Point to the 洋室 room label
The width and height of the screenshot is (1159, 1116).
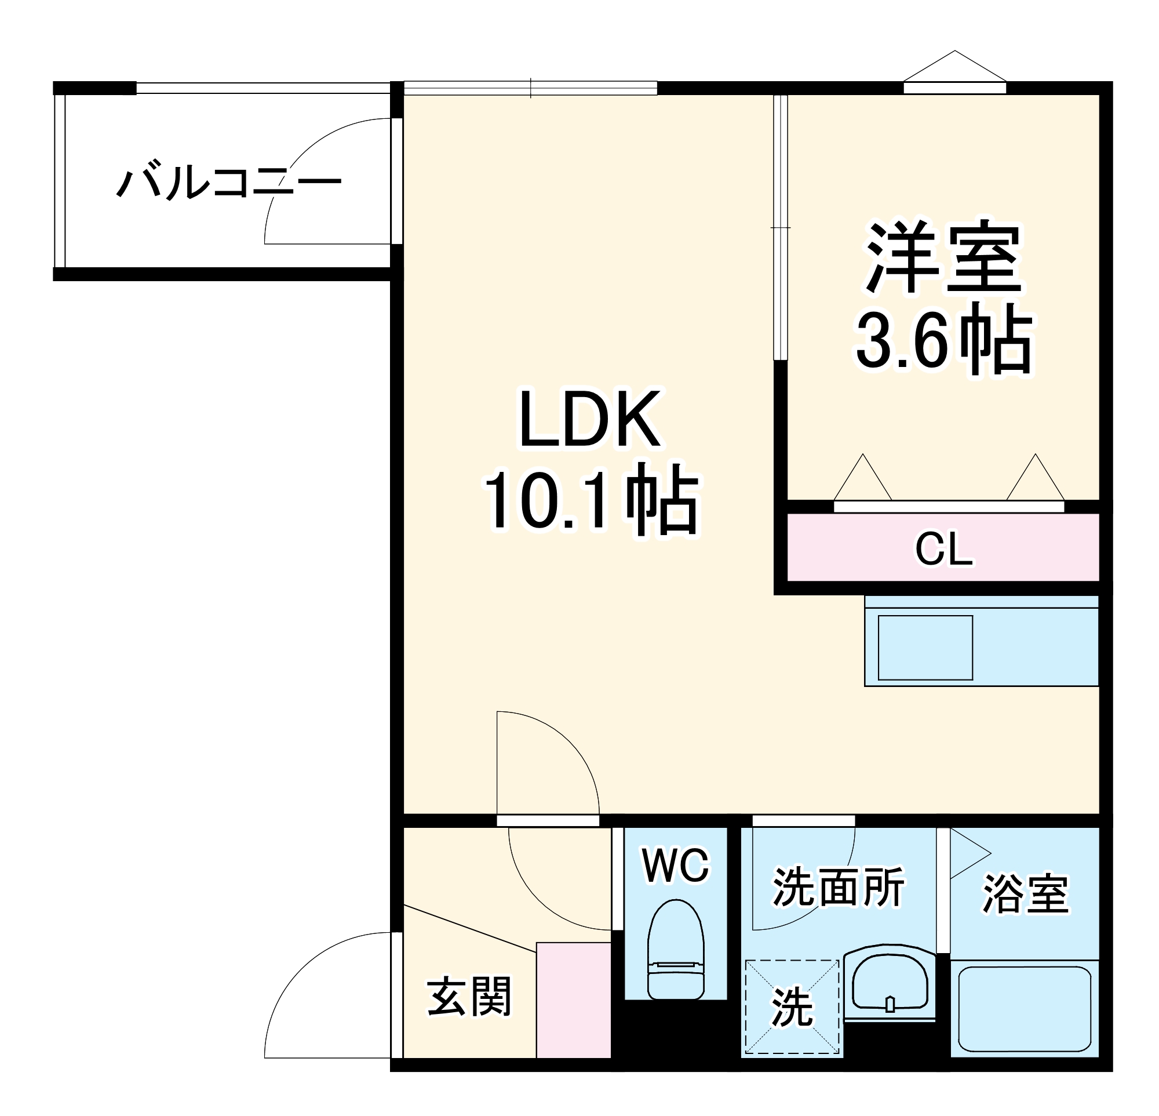(x=944, y=258)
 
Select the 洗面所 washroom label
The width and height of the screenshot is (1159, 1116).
(x=839, y=887)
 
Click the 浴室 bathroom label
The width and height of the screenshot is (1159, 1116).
(x=1025, y=893)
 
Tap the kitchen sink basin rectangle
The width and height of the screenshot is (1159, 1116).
(x=925, y=648)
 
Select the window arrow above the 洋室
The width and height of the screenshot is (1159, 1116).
(x=954, y=66)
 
